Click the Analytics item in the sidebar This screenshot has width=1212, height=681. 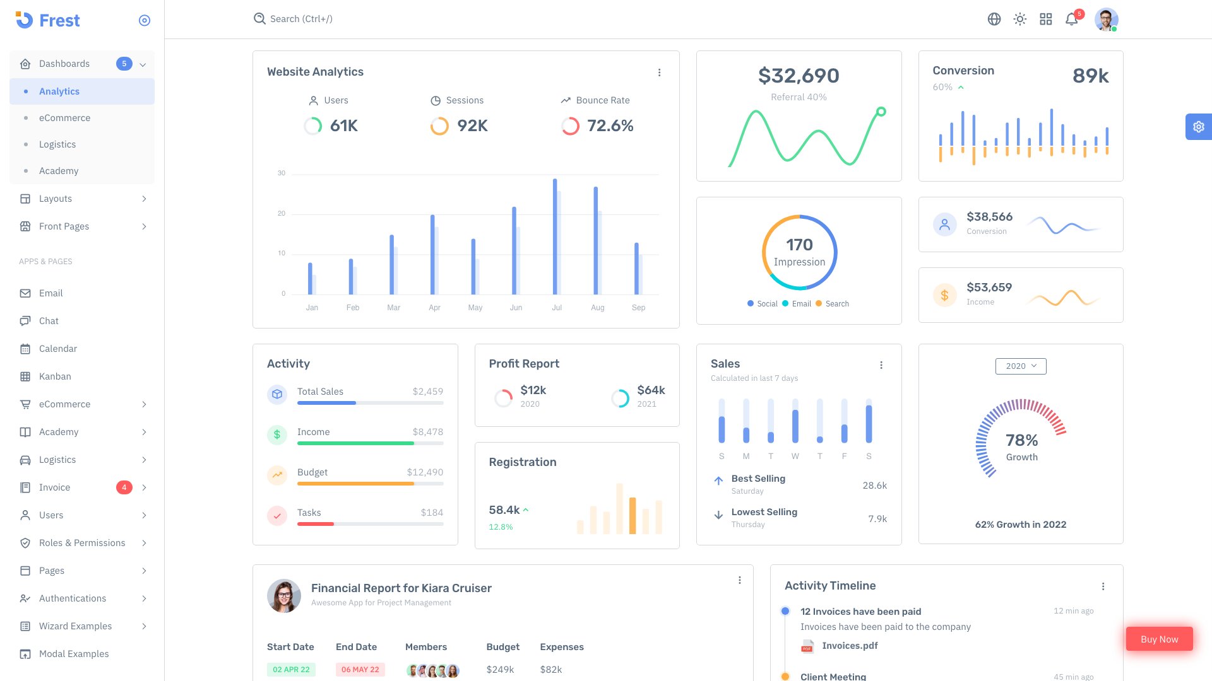coord(59,91)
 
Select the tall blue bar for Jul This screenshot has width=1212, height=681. coord(555,236)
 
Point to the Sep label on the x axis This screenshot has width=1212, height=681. coord(638,308)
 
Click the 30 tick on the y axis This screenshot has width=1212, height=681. coord(282,173)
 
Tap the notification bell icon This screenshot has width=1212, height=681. coord(1071,20)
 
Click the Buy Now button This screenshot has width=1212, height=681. coord(1159,639)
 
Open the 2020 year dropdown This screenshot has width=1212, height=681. coord(1020,366)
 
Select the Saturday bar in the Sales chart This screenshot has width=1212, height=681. coord(869,423)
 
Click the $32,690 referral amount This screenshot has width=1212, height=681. coord(799,76)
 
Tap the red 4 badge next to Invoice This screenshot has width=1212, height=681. coord(124,487)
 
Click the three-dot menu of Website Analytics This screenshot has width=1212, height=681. coord(659,73)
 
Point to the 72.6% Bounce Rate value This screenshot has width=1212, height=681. coord(610,126)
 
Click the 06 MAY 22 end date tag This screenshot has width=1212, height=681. coord(360,670)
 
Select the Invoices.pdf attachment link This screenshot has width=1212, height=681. coord(849,646)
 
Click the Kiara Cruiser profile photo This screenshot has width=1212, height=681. coord(284,596)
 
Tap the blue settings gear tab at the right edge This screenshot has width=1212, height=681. coord(1198,127)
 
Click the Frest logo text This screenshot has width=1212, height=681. coord(59,21)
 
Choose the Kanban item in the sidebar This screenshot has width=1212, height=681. coord(55,376)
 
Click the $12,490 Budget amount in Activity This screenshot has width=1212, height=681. coord(425,472)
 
